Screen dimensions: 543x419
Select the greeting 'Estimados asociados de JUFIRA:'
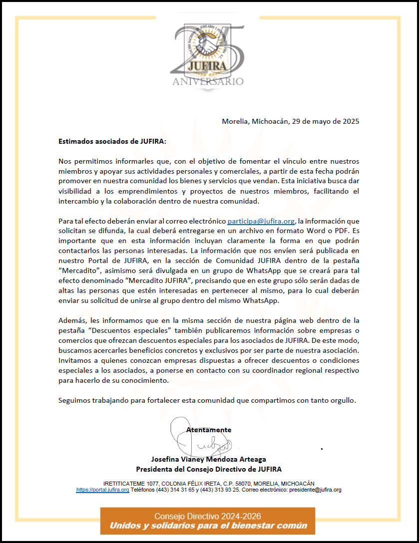(x=112, y=141)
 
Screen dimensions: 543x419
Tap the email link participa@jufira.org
(x=261, y=221)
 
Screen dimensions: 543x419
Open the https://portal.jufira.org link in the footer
(x=102, y=490)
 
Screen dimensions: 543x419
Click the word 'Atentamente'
(x=209, y=429)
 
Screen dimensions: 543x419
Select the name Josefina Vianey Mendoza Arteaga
(x=208, y=459)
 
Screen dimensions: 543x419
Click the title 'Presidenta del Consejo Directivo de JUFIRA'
(x=209, y=469)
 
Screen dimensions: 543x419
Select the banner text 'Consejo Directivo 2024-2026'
(x=207, y=516)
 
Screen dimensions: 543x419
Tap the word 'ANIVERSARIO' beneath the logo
(x=208, y=81)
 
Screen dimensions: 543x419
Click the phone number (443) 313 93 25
(x=220, y=490)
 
